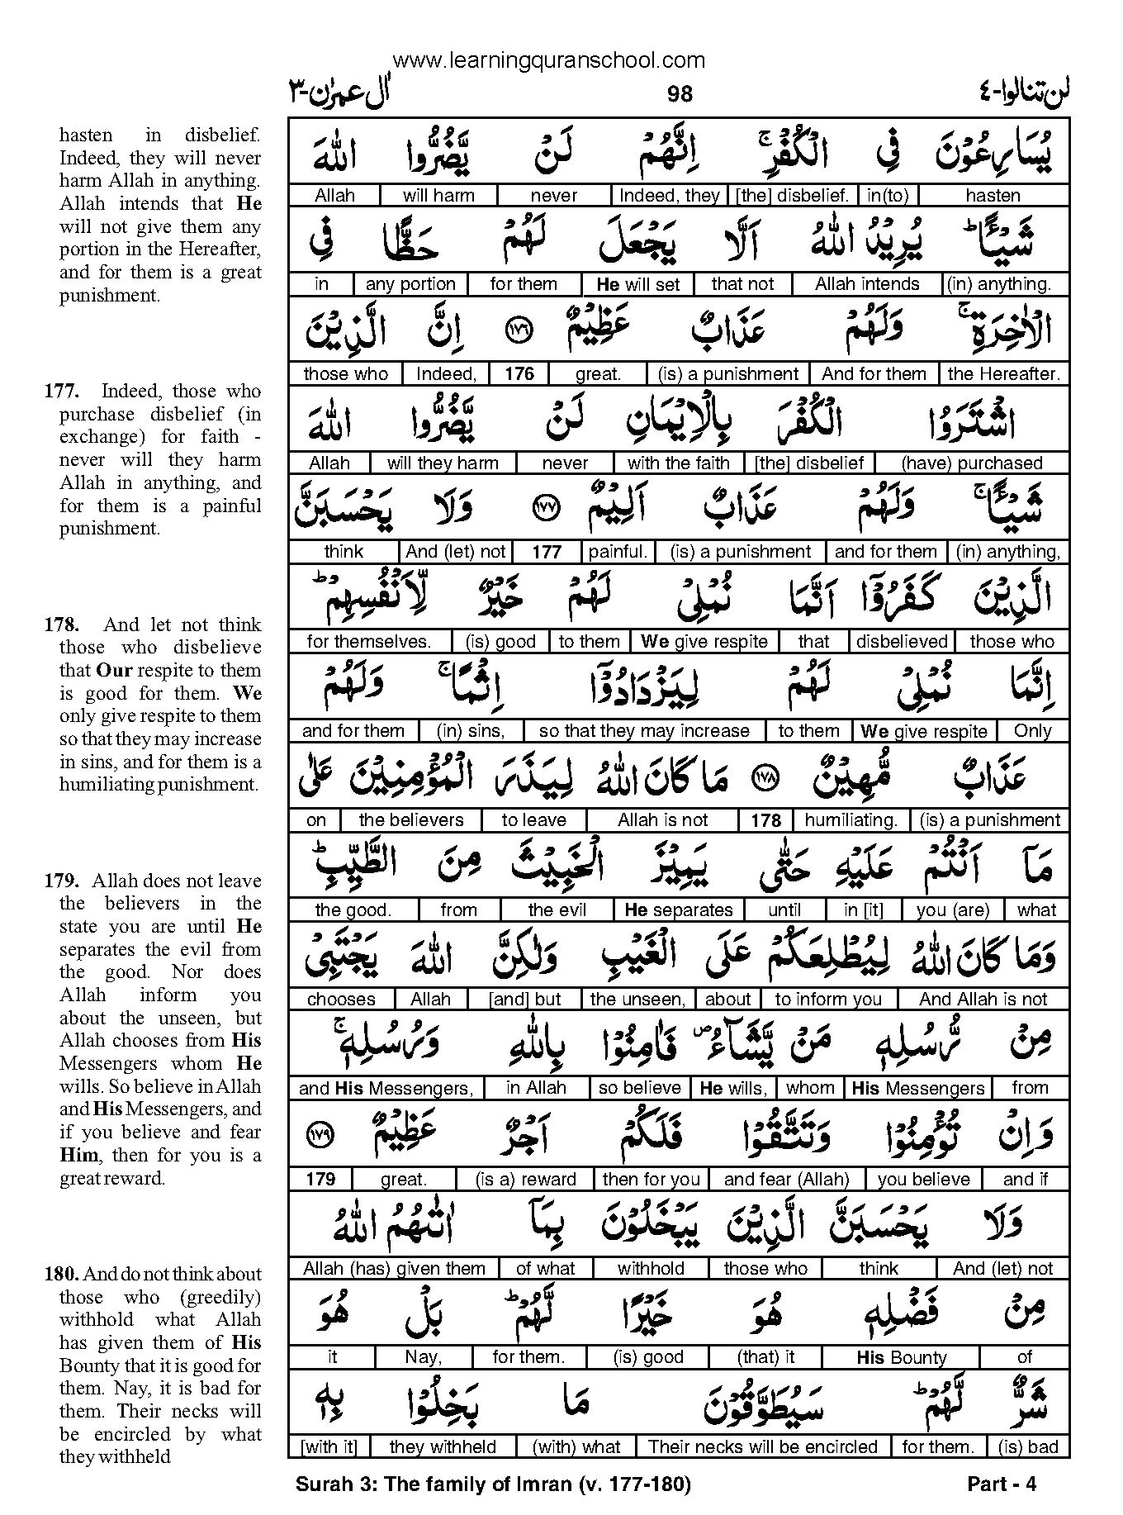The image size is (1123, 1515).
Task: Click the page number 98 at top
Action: [x=680, y=95]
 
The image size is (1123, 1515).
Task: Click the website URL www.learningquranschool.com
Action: [x=549, y=60]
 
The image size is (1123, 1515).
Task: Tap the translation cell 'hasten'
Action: [x=993, y=196]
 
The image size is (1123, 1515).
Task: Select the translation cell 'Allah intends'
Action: [x=866, y=285]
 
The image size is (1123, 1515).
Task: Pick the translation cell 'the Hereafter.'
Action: [x=1003, y=374]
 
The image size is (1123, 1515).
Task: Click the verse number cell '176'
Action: [x=519, y=374]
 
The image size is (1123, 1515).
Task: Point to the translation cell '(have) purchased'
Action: [x=971, y=463]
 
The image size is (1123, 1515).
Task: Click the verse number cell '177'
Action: [x=546, y=553]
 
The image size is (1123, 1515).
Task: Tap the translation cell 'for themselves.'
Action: [x=368, y=642]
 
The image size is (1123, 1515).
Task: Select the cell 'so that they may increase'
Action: [x=643, y=731]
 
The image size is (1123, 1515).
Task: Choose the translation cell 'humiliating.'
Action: [x=851, y=820]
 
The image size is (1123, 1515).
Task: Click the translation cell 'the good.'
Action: [x=353, y=910]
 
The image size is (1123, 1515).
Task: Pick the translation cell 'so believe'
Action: [x=639, y=1089]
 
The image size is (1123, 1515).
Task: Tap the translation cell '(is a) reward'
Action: [x=526, y=1179]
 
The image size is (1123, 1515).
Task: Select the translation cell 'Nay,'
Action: [x=424, y=1357]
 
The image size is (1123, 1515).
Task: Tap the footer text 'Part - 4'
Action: [x=1001, y=1484]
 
